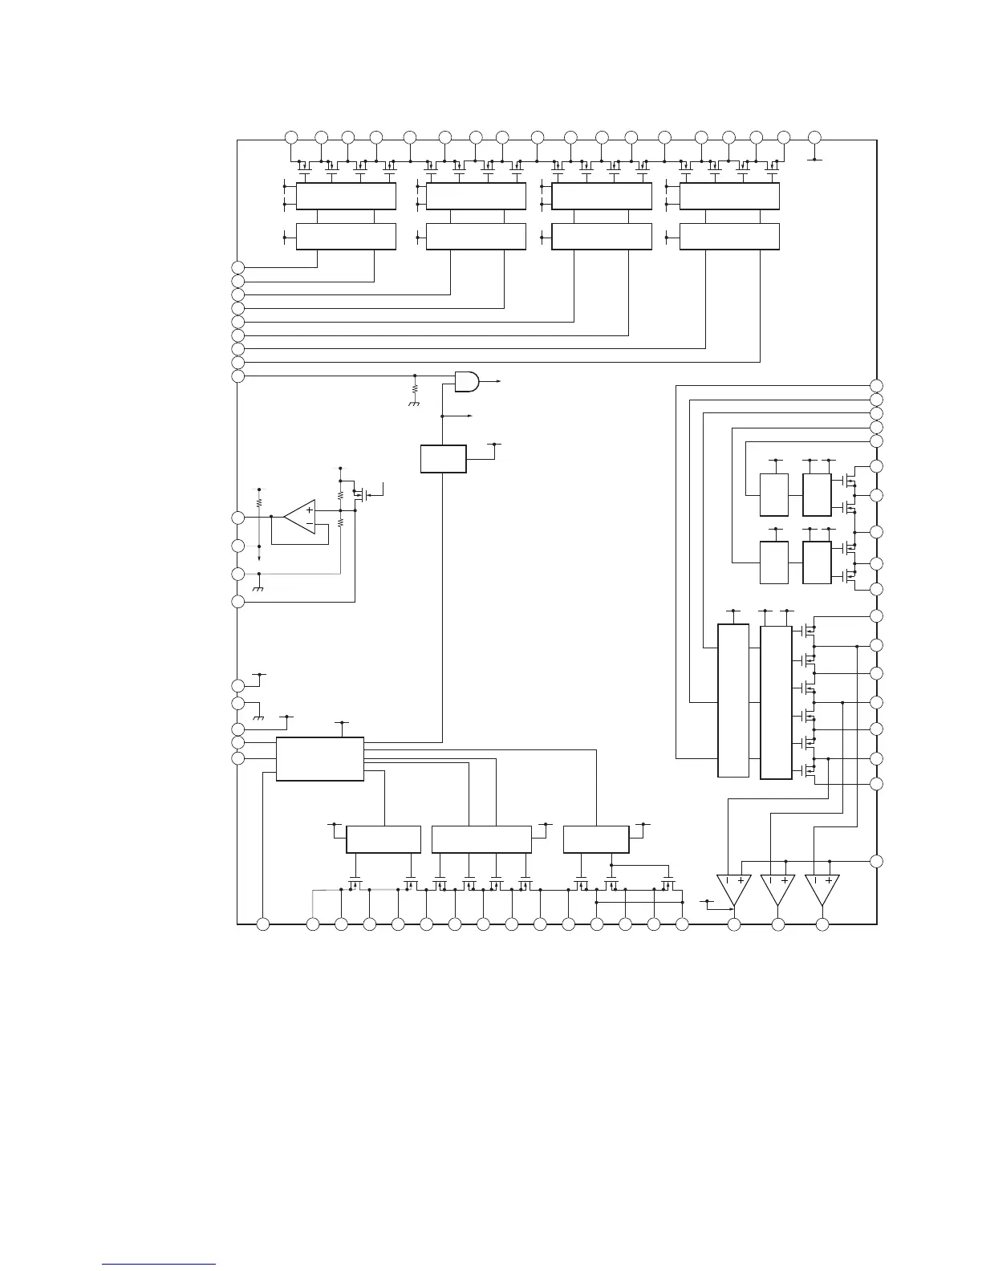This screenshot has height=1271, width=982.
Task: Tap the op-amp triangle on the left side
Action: click(x=301, y=517)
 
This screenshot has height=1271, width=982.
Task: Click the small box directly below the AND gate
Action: click(x=443, y=458)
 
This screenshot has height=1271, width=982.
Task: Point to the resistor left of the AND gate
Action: click(x=415, y=388)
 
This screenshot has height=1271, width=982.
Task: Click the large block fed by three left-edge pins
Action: click(x=319, y=758)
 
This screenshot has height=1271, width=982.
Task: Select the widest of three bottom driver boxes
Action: click(x=481, y=839)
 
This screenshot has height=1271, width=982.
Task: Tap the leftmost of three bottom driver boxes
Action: click(x=383, y=839)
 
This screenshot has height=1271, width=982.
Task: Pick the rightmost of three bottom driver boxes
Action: click(x=596, y=839)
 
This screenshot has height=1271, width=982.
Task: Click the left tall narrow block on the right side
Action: click(x=733, y=700)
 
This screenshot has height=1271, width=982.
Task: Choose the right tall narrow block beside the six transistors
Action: click(x=776, y=700)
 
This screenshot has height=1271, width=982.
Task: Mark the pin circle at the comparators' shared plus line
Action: click(x=877, y=861)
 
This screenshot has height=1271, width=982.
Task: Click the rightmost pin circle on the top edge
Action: click(x=814, y=136)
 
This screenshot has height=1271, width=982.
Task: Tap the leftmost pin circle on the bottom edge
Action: click(x=262, y=924)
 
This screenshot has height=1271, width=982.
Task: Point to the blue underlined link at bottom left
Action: click(x=159, y=1265)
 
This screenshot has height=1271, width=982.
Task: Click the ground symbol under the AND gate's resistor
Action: click(x=415, y=404)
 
